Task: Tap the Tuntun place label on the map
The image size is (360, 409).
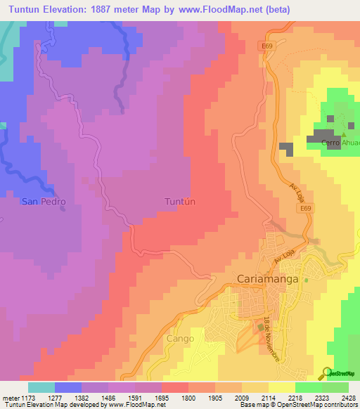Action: click(x=179, y=202)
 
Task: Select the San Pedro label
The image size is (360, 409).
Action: click(x=44, y=202)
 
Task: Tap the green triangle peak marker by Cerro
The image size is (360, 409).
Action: click(x=344, y=134)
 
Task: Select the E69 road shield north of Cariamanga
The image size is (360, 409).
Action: click(x=304, y=209)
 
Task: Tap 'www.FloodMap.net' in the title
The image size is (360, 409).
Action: click(x=222, y=9)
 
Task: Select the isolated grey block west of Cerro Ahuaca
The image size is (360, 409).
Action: click(x=286, y=148)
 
